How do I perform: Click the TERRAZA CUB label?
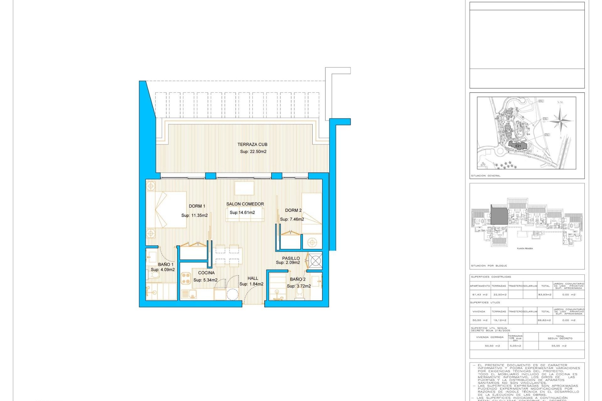[252, 144]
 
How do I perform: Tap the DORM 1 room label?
[197, 206]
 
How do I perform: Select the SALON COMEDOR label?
[245, 204]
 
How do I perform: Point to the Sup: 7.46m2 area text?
[292, 219]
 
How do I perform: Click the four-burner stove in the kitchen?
[186, 278]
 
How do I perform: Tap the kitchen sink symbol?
[188, 294]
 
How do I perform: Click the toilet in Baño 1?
[155, 275]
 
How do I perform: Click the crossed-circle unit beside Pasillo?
[315, 260]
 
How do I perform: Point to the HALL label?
[253, 278]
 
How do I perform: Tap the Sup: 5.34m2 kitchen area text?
[205, 280]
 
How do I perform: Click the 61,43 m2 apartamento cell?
[480, 294]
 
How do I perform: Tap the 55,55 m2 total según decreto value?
[559, 346]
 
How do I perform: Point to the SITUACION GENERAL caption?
[485, 176]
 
